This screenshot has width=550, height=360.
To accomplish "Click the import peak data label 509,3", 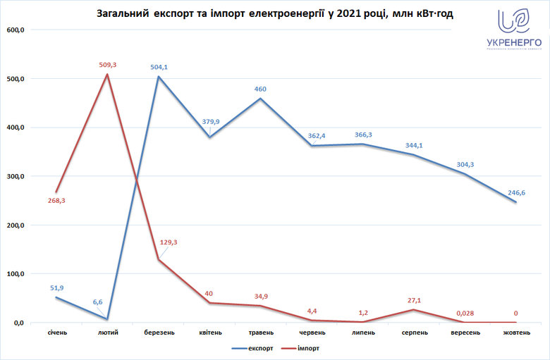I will click(x=108, y=65).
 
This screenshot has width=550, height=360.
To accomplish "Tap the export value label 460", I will click(x=260, y=89).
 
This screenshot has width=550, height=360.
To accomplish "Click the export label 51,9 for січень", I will click(x=58, y=287).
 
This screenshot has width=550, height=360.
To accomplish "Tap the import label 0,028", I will click(x=464, y=313).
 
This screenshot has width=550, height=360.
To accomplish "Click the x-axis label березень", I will click(x=159, y=332).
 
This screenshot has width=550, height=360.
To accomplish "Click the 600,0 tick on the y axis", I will click(x=16, y=30).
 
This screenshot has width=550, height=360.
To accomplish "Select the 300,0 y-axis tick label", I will click(x=16, y=176).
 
